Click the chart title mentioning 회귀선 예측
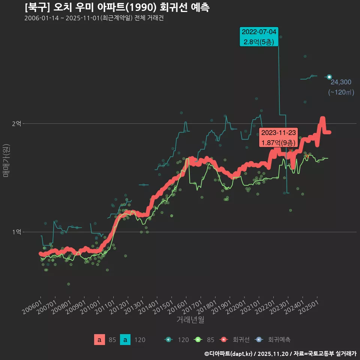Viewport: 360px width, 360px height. pos(117,7)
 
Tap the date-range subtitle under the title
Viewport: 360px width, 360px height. pos(94,18)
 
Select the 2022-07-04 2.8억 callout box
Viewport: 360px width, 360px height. pos(259,37)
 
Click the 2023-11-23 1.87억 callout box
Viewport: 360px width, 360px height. pos(279,138)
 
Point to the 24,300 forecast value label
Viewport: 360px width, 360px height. pos(340,82)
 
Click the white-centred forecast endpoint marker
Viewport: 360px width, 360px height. pos(329,77)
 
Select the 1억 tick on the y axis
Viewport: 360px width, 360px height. pos(16,232)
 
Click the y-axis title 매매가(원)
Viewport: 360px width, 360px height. pos(6,160)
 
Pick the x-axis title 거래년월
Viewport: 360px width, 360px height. pos(190,320)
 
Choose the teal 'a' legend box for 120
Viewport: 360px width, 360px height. pos(125,340)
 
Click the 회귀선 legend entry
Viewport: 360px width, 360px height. pos(235,340)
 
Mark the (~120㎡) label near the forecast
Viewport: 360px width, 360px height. pos(341,92)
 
